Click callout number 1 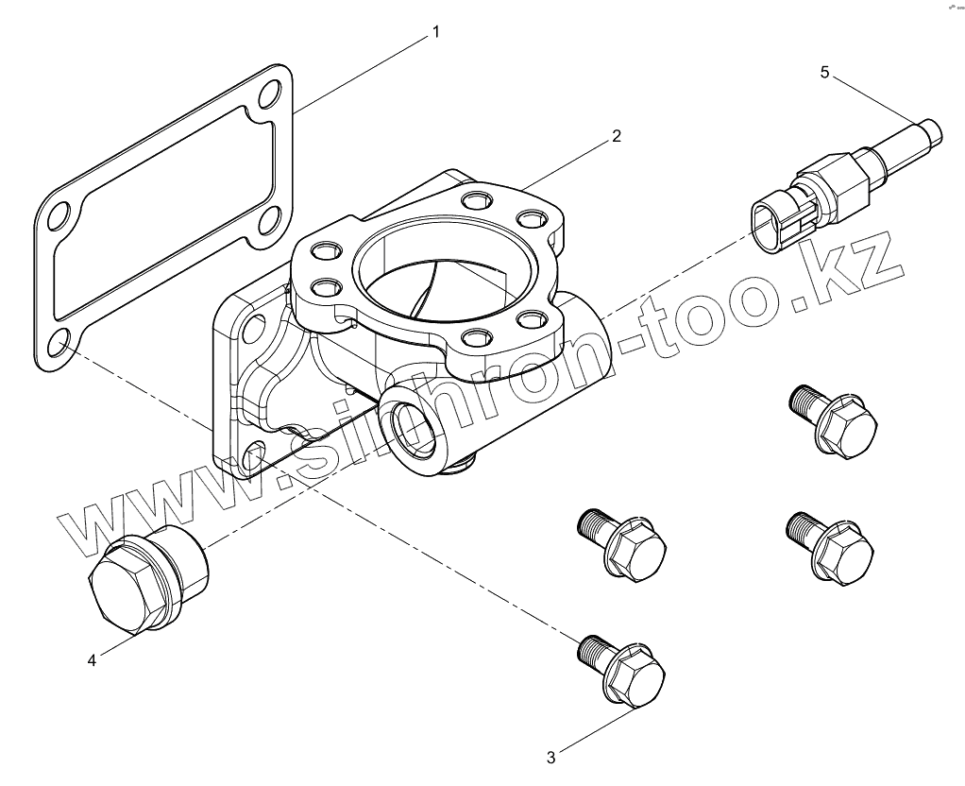tap(435, 32)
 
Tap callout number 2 tap(616, 136)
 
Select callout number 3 tap(552, 756)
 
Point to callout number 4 tap(92, 660)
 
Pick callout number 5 tap(824, 72)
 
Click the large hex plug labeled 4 tap(146, 579)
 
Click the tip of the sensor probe tap(932, 129)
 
